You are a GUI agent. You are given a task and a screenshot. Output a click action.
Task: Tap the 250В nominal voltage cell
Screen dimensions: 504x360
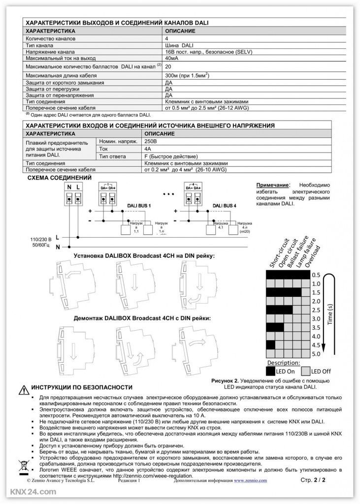150,141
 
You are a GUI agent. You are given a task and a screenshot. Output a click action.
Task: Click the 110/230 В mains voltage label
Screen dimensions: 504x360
40,240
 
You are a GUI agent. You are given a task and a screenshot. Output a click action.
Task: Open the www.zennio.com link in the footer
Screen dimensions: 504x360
250,480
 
